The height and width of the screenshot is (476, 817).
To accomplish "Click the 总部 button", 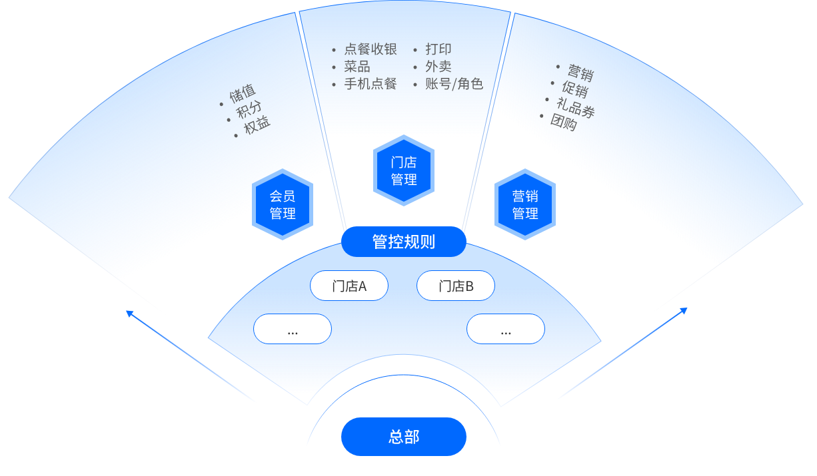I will point(403,437).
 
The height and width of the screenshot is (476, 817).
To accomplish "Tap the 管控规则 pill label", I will point(403,242).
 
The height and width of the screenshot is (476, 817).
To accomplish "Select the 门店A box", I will point(349,286).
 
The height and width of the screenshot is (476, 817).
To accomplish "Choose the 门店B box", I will point(456,286).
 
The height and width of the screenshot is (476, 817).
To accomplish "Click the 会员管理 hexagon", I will point(283,204).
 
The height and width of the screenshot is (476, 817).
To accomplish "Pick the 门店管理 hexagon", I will point(404,170).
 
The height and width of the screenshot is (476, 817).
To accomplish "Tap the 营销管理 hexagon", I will point(525,204).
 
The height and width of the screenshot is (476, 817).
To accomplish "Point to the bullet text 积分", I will point(249,110).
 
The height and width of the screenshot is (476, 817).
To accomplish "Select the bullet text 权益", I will point(257,126).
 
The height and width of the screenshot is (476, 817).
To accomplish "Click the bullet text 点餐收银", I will point(371,49).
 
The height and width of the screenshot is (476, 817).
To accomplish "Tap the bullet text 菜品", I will point(357,67).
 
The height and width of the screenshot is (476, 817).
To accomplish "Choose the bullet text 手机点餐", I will point(371,84).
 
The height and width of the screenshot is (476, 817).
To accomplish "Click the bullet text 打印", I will point(438,49).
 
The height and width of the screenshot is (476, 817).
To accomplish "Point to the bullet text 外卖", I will point(438,67).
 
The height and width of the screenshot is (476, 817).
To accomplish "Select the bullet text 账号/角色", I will point(454,84).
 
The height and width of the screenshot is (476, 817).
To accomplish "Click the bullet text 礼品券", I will point(576,109).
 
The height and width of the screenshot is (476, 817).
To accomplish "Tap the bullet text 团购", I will point(564,122).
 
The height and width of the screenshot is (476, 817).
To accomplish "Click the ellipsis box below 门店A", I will point(293,329).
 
